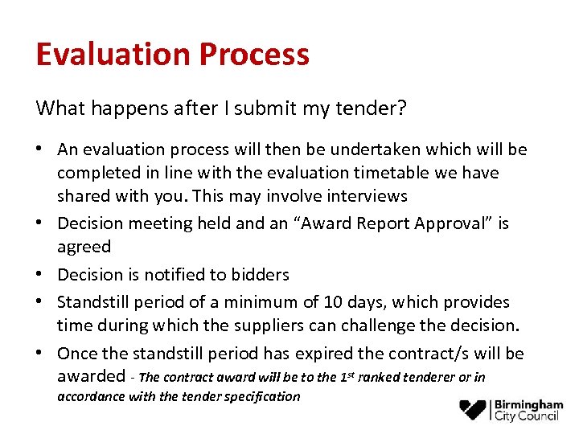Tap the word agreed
coord(84,247)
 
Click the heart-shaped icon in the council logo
coord(473,410)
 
